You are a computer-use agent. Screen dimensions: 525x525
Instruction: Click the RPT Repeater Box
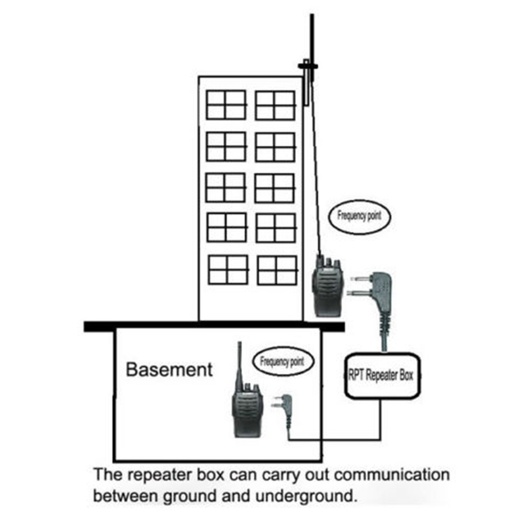click(381, 376)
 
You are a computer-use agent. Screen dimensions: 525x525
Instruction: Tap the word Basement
click(169, 369)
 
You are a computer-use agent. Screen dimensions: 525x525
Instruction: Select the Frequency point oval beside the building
click(359, 216)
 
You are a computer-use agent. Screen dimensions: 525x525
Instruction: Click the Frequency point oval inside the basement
click(282, 362)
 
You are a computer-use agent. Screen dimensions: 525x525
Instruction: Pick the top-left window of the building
click(226, 105)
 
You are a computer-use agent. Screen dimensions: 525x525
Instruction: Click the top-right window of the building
click(275, 105)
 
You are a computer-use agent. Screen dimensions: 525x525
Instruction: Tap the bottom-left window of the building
click(228, 269)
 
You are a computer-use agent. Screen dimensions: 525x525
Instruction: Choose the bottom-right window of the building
click(276, 270)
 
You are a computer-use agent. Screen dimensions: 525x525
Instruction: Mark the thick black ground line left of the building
click(141, 325)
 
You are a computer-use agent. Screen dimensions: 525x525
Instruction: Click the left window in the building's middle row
click(226, 187)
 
